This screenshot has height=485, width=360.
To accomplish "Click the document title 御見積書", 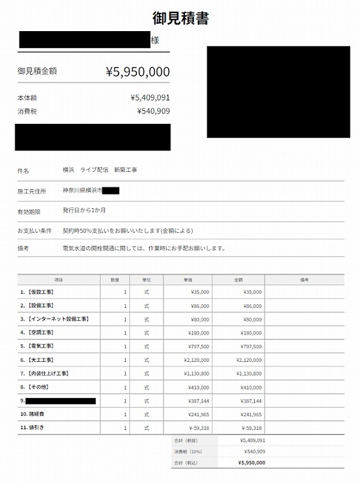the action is [x=180, y=18].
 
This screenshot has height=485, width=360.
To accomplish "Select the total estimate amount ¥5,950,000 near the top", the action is [x=138, y=71].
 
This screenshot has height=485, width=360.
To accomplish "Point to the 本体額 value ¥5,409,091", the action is [x=150, y=98].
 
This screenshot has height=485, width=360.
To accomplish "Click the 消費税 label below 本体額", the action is [x=27, y=112].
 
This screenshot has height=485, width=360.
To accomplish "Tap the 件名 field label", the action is [x=23, y=171].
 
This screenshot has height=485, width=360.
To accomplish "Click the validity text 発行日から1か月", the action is [x=85, y=211].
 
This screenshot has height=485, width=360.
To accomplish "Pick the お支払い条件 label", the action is [x=33, y=231].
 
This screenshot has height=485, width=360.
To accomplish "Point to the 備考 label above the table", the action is [x=23, y=248].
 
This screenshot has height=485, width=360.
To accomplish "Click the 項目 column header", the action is [x=59, y=279].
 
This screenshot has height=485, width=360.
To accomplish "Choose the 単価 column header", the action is [x=188, y=279].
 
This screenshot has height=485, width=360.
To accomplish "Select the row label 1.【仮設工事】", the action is [x=38, y=292].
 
